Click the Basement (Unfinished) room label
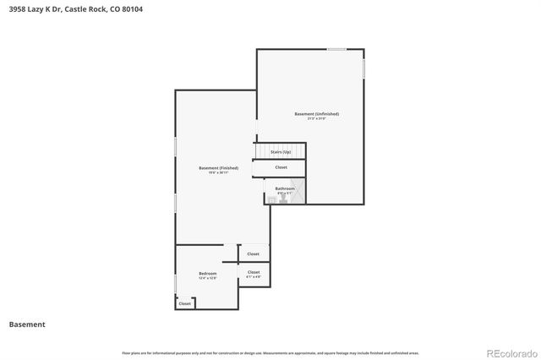click(x=316, y=113)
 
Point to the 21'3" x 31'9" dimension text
click(x=316, y=118)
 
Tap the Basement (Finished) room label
click(x=218, y=168)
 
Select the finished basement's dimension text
click(x=218, y=173)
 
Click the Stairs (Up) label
click(x=281, y=151)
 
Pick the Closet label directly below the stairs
click(x=281, y=167)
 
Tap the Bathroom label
click(x=285, y=188)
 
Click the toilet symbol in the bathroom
click(x=271, y=199)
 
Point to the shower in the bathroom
click(x=298, y=192)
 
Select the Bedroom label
click(x=207, y=273)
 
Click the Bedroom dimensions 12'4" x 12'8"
click(x=207, y=278)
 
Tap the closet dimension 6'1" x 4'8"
click(x=254, y=277)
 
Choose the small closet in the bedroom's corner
click(x=184, y=303)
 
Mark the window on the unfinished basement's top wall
click(x=336, y=49)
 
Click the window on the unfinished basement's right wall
click(x=364, y=68)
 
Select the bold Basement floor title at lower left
click(x=27, y=324)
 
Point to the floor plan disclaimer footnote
click(x=270, y=352)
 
